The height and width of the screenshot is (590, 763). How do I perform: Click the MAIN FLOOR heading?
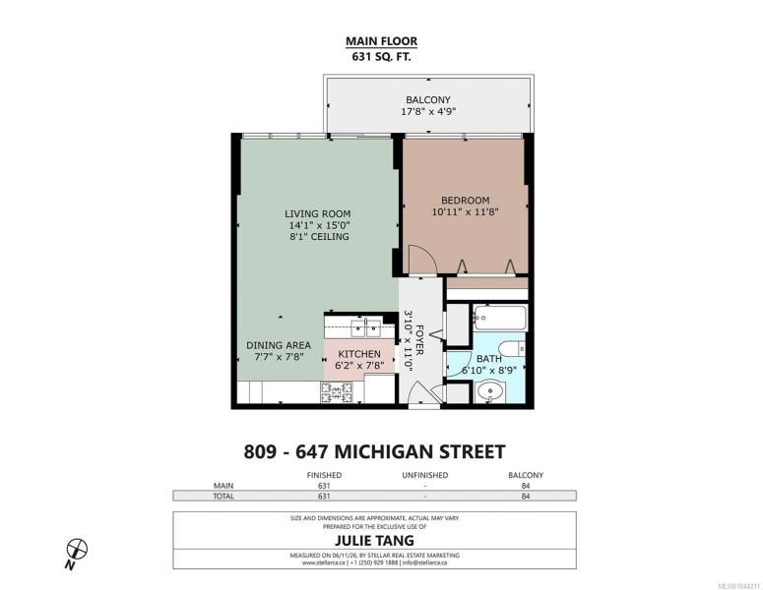(x=382, y=41)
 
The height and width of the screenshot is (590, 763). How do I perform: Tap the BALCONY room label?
(x=428, y=99)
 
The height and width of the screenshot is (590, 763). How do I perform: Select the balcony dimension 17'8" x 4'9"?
(x=428, y=112)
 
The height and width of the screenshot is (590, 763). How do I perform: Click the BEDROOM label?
(x=466, y=200)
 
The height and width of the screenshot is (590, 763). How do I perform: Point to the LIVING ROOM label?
(x=318, y=213)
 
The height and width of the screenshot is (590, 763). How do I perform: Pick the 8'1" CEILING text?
(x=319, y=237)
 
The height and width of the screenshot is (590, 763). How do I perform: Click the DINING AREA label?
(x=279, y=345)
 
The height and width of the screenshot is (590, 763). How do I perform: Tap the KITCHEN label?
(x=359, y=354)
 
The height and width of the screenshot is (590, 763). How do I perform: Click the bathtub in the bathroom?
(x=500, y=319)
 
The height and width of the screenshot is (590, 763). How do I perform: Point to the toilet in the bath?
(x=513, y=348)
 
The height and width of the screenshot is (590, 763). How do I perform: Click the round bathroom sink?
(x=490, y=391)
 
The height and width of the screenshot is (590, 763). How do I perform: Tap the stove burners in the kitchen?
(x=337, y=392)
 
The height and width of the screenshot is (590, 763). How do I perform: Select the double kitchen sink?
(x=366, y=328)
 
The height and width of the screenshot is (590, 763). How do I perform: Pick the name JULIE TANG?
(x=374, y=541)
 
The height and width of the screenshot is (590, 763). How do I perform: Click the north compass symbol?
(x=77, y=550)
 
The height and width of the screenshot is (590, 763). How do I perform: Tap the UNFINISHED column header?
(x=424, y=475)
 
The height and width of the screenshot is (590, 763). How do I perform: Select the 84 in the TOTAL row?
(x=526, y=497)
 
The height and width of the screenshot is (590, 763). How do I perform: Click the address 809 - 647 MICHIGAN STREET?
(x=374, y=452)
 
